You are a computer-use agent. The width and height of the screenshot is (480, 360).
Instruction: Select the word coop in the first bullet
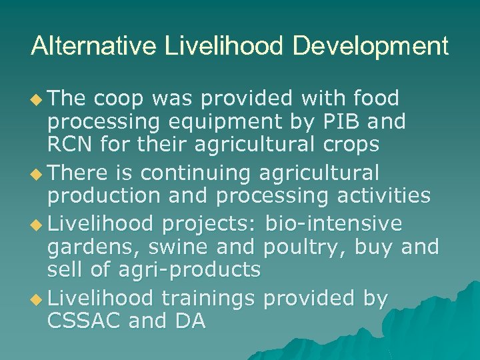point(118,99)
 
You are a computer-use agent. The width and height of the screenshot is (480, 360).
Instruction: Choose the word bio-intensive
point(334,222)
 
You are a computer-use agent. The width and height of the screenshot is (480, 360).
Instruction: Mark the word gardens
point(93,247)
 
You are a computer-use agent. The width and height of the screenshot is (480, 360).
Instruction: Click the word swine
point(172,247)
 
